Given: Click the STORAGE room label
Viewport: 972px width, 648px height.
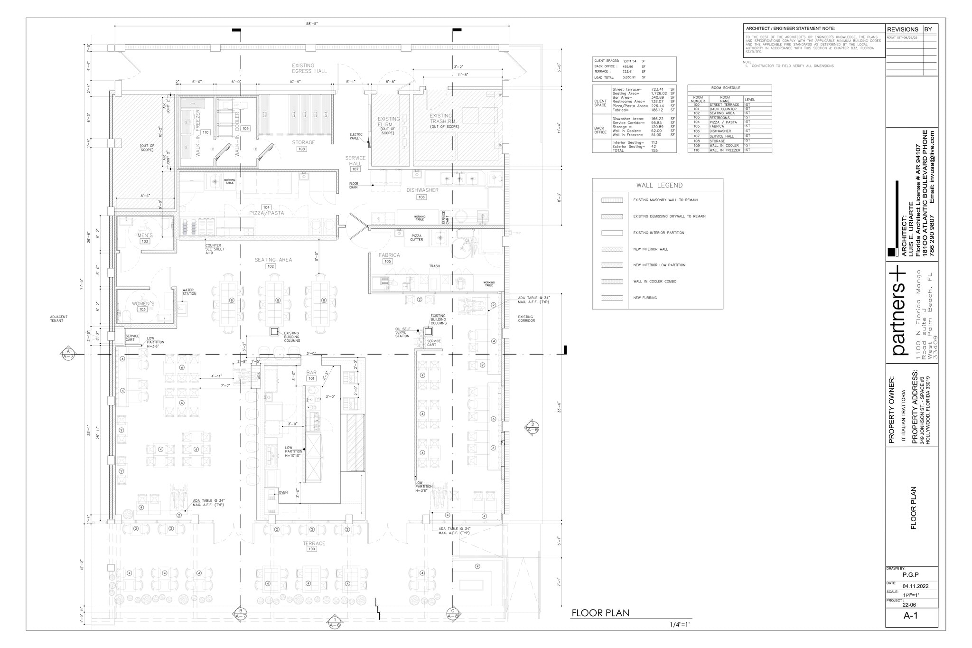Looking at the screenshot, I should pyautogui.click(x=303, y=142).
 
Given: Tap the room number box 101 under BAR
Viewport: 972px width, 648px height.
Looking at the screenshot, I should pyautogui.click(x=311, y=379).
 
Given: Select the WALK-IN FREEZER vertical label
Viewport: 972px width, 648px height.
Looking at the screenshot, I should pyautogui.click(x=198, y=133).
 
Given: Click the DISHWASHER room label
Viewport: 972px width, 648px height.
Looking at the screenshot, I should pyautogui.click(x=422, y=190).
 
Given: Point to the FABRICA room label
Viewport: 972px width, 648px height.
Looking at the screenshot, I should pyautogui.click(x=389, y=255).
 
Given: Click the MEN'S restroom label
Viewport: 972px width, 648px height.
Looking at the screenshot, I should pyautogui.click(x=145, y=235).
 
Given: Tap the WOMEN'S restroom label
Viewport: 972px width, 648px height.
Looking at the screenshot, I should pyautogui.click(x=143, y=304).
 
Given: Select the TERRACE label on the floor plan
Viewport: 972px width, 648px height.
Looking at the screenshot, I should pyautogui.click(x=314, y=544).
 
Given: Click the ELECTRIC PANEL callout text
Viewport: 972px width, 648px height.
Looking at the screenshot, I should pyautogui.click(x=356, y=136).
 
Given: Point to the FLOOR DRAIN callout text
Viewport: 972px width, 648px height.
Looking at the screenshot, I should pyautogui.click(x=354, y=185).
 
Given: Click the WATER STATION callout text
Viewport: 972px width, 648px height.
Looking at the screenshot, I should pyautogui.click(x=189, y=292).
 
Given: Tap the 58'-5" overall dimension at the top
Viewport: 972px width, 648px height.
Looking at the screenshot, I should pyautogui.click(x=312, y=24).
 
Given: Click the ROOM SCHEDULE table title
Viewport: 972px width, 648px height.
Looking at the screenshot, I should pyautogui.click(x=725, y=88).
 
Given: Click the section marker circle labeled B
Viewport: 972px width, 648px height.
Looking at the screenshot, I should pyautogui.click(x=241, y=611).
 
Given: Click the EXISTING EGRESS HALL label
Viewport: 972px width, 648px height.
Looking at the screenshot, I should pyautogui.click(x=309, y=68).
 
